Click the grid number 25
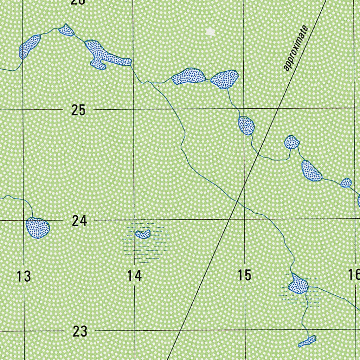78,110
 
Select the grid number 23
80,331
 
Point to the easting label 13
24,276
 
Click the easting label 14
134,276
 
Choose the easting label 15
244,275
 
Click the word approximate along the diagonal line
296,49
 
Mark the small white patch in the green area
211,32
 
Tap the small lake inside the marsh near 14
143,234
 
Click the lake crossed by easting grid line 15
246,125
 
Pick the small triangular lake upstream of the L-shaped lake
66,30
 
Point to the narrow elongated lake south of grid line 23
307,341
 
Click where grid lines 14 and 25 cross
133,109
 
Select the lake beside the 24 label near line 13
38,228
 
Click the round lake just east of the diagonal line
291,142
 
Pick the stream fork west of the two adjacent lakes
151,83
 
